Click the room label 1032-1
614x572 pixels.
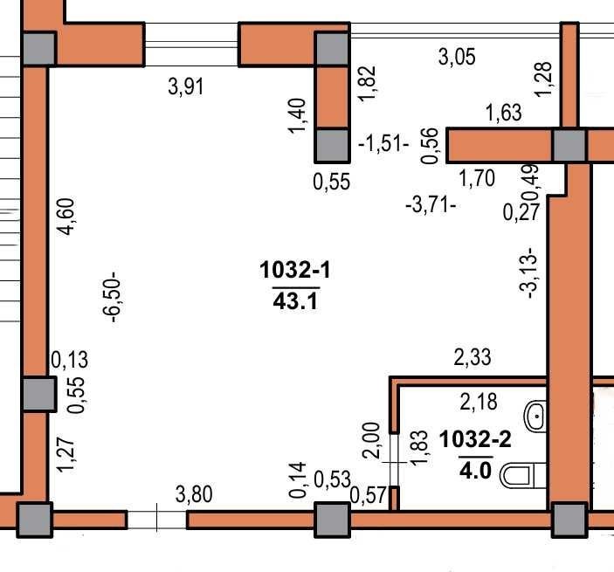(295, 270)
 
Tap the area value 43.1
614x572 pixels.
(295, 301)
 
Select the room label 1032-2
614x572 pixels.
(475, 439)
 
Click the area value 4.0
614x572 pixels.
(475, 470)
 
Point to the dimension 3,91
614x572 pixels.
(186, 86)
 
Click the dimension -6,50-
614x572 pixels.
(112, 297)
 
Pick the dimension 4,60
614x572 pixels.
(66, 217)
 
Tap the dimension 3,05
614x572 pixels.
(457, 57)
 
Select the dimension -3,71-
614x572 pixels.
(431, 204)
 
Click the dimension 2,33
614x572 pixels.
(473, 357)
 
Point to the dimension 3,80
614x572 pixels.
(194, 494)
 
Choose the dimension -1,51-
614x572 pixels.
(383, 144)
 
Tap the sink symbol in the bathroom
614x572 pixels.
(535, 417)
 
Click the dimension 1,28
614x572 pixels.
(544, 79)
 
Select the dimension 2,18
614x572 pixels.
(479, 402)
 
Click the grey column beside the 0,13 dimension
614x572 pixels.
(38, 394)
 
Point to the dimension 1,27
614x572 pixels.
(66, 455)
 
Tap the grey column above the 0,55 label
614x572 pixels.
(332, 146)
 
